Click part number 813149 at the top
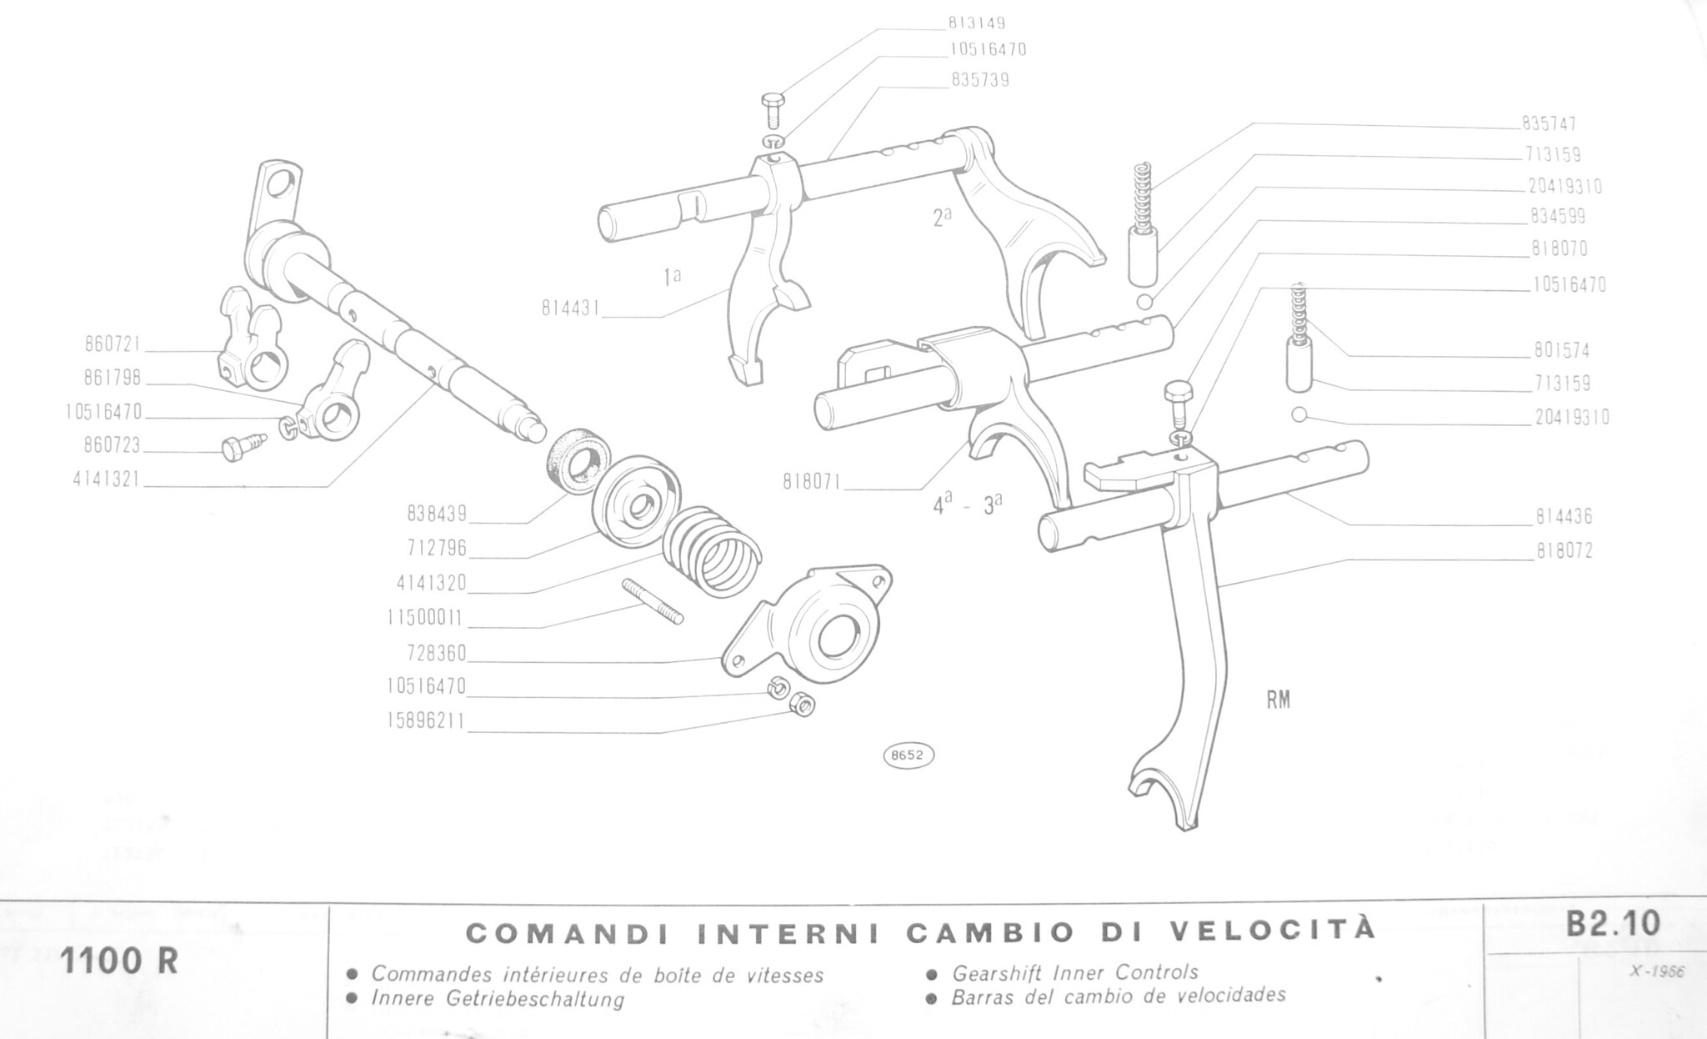point(976,23)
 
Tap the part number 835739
point(980,80)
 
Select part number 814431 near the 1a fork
point(571,309)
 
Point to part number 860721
point(113,344)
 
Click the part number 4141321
point(107,479)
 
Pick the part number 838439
point(437,514)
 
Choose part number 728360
point(437,652)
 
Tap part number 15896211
point(426,720)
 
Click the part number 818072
point(1564,551)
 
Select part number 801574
point(1562,350)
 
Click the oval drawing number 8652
point(908,755)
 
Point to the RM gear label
point(1279,700)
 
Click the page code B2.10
point(1614,924)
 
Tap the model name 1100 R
point(119,961)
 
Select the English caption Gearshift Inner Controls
point(1075,972)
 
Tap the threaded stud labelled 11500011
point(653,601)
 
